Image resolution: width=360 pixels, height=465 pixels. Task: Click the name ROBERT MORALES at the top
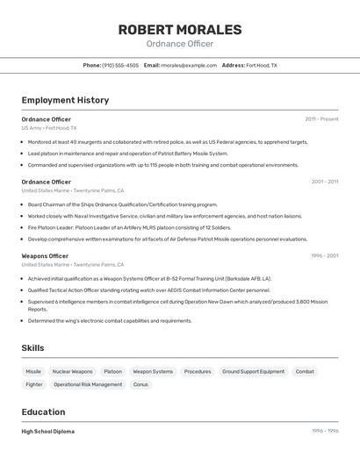click(x=179, y=30)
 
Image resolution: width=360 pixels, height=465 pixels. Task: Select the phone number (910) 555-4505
click(x=120, y=65)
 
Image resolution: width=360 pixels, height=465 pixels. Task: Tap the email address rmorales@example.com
click(x=189, y=65)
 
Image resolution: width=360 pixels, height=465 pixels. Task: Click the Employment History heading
click(x=65, y=100)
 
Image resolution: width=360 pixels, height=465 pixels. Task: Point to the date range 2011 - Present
click(x=321, y=118)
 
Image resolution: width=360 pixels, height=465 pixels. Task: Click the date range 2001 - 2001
click(x=324, y=182)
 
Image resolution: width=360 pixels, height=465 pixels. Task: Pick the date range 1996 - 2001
click(x=324, y=256)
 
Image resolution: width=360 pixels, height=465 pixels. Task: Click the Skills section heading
click(x=32, y=348)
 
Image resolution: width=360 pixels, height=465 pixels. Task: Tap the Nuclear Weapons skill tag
click(x=72, y=371)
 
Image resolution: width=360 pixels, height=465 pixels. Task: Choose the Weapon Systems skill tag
click(x=153, y=371)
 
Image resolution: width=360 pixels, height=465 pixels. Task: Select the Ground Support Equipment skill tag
click(x=253, y=371)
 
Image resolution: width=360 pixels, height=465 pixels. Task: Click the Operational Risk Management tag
click(x=88, y=384)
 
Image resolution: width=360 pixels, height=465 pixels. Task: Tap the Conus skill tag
click(x=140, y=384)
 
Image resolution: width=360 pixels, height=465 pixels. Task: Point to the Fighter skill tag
click(x=34, y=384)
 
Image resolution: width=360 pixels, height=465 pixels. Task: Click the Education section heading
click(x=43, y=412)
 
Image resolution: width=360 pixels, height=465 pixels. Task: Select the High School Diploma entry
click(x=47, y=432)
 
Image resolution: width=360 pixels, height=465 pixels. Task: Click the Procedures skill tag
click(x=198, y=371)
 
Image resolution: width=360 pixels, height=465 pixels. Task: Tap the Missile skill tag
click(x=33, y=371)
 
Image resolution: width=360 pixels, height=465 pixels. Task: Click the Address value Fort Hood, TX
click(x=261, y=65)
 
